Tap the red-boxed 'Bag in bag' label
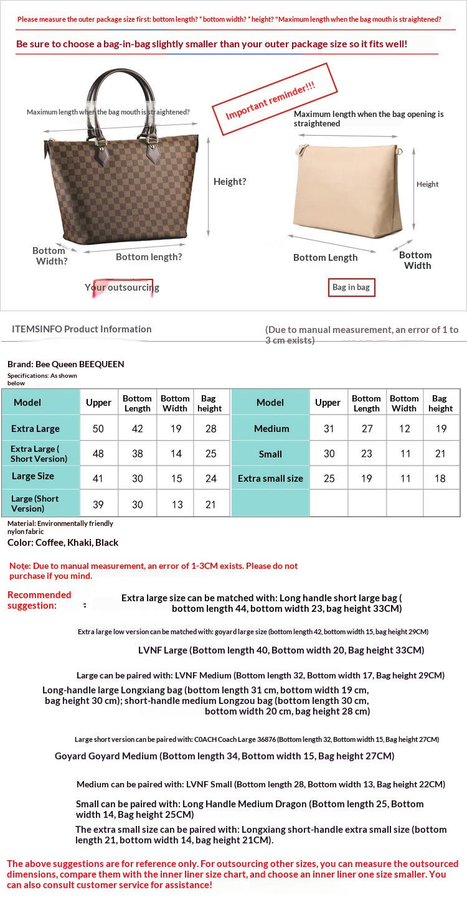point(351,287)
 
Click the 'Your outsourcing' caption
point(122,288)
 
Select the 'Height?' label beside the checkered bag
point(230,182)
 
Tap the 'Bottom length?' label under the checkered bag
point(149,256)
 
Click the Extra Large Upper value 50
point(98,429)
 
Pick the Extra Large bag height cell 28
point(210,429)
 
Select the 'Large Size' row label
point(33,476)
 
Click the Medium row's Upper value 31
point(329,429)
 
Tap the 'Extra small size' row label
point(270,479)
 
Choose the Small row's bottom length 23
point(366,454)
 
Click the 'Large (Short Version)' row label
point(35,504)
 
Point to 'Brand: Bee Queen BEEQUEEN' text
point(66,364)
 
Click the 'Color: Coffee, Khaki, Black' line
point(63,542)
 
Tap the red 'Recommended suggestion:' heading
point(39,600)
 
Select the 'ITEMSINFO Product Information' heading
point(82,329)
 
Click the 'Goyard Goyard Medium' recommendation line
point(224,756)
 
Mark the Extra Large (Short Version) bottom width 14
point(176,454)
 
